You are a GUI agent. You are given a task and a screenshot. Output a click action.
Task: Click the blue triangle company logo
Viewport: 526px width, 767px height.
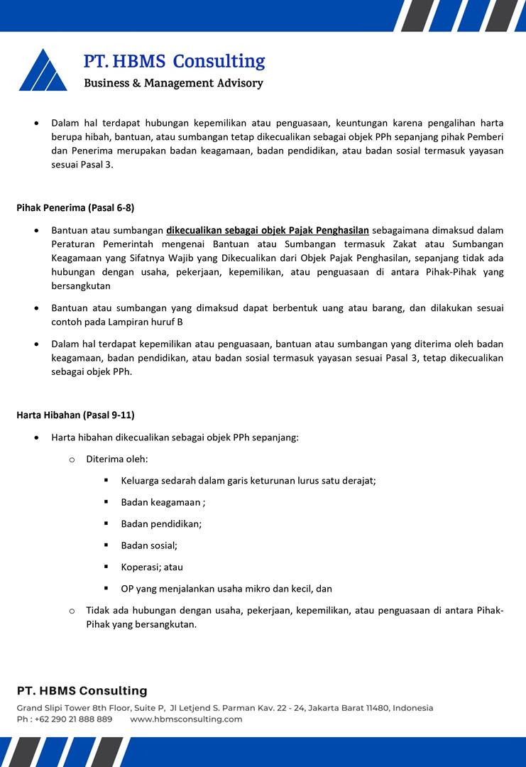point(43,71)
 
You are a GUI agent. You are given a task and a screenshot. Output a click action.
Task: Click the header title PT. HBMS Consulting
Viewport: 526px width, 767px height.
point(174,61)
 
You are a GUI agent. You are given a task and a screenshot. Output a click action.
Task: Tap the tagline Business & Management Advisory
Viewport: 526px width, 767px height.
point(173,83)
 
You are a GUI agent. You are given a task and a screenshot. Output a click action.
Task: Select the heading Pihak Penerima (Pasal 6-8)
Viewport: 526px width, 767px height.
point(75,208)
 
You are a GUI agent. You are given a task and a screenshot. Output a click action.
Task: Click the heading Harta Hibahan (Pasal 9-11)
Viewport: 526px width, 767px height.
point(75,415)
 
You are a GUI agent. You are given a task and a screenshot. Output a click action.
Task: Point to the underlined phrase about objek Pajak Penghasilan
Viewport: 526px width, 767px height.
point(268,230)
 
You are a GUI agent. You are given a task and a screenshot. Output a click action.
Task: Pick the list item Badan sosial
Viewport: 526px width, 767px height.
point(149,545)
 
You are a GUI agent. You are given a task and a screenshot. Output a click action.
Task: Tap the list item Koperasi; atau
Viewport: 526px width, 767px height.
point(152,567)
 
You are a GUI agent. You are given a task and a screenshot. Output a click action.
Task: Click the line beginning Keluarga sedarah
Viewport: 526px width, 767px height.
point(248,481)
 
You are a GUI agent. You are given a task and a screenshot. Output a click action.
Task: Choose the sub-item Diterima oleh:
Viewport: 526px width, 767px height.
point(117,459)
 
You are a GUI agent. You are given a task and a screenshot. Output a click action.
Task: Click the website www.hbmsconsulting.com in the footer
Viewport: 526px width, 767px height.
point(186,719)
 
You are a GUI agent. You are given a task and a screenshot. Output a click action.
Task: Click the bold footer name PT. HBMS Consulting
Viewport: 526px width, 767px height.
point(82,690)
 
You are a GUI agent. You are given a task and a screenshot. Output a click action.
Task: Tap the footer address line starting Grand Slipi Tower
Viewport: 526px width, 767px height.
point(225,708)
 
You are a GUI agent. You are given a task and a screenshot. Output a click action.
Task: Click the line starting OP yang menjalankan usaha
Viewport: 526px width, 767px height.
point(226,589)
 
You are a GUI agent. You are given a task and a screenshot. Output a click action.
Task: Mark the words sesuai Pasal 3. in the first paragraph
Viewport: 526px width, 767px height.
point(82,165)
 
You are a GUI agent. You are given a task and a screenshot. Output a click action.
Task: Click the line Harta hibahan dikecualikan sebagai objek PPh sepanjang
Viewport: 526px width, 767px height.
point(175,437)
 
